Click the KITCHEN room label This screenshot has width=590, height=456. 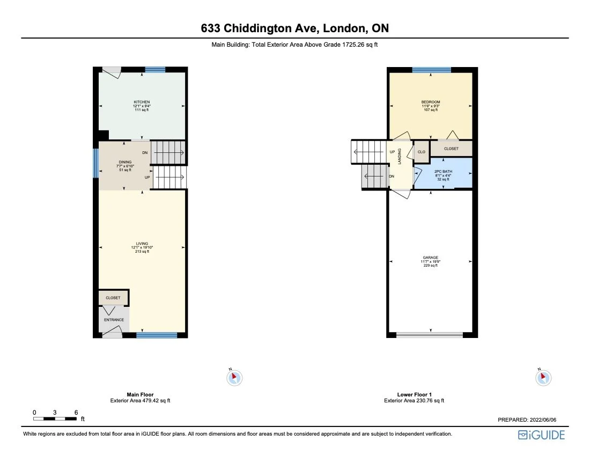click(x=142, y=102)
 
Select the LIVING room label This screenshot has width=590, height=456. click(x=142, y=244)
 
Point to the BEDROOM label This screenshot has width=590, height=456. click(x=431, y=102)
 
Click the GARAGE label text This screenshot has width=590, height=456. click(x=431, y=258)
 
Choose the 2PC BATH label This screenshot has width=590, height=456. click(x=442, y=172)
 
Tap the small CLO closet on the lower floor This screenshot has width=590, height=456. click(x=422, y=152)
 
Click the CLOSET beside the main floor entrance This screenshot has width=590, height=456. click(x=113, y=298)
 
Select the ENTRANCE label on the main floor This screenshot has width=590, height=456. click(x=114, y=320)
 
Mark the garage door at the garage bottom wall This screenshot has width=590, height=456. click(x=429, y=335)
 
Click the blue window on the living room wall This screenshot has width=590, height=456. click(x=157, y=335)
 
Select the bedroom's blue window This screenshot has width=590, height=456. click(x=431, y=70)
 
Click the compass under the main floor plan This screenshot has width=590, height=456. click(x=234, y=378)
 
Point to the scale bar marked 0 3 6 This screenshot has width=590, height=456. click(x=55, y=418)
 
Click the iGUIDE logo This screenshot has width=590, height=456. click(x=541, y=435)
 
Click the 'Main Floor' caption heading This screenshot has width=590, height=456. click(x=140, y=394)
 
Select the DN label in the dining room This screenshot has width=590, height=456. click(x=145, y=153)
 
